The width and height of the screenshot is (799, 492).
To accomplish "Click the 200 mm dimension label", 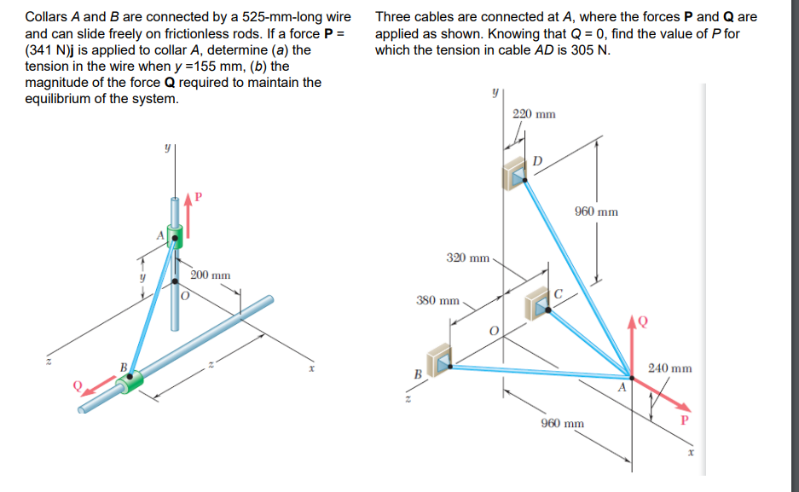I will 210,275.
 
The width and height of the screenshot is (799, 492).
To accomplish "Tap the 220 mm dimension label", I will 534,114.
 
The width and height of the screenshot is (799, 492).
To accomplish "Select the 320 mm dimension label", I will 468,257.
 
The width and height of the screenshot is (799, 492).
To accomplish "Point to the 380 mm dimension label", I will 437,300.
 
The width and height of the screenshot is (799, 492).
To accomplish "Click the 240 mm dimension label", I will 669,368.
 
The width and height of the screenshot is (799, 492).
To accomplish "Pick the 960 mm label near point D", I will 596,211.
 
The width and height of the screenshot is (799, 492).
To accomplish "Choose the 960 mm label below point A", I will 563,423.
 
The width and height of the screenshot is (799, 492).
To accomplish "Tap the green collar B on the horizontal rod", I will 130,383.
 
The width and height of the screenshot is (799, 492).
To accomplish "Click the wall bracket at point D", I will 516,174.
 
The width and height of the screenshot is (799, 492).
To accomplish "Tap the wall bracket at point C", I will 538,303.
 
